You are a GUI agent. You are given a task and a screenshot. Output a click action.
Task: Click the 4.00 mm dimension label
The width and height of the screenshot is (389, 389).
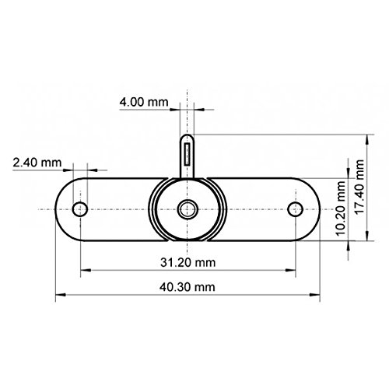[x=145, y=101]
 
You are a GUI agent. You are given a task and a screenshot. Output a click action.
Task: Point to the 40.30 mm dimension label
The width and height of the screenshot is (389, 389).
[x=190, y=286]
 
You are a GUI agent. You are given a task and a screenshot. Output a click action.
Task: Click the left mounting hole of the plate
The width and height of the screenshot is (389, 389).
[x=79, y=209]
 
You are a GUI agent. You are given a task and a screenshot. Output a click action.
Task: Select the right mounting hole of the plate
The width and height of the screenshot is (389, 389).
[x=294, y=209]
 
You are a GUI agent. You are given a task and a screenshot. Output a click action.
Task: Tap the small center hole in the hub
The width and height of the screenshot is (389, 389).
[x=187, y=209]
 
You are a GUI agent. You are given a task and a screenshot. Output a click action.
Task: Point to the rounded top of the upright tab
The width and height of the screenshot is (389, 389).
[x=187, y=137]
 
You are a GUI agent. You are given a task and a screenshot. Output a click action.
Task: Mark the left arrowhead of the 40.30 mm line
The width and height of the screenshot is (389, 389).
[x=58, y=296]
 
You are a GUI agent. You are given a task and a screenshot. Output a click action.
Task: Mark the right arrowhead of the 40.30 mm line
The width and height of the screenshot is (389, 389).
[x=318, y=296]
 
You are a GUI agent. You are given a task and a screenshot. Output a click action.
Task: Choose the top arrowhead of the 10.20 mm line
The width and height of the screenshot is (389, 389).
[x=348, y=181]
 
